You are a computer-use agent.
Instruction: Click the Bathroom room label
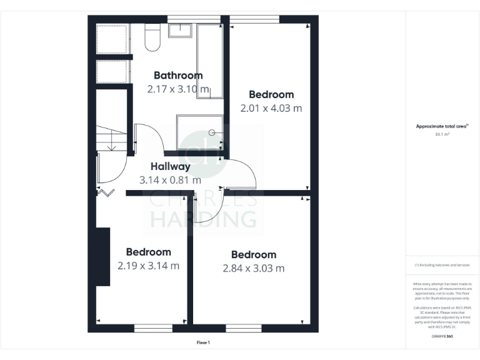(178, 76)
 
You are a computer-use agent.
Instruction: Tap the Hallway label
(171, 167)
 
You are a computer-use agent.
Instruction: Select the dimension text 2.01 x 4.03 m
(271, 108)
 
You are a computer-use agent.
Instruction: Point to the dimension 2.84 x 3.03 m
(254, 268)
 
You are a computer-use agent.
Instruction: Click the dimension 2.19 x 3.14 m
(148, 266)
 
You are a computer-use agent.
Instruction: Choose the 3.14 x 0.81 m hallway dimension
(170, 180)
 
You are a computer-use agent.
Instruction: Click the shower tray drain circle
(212, 132)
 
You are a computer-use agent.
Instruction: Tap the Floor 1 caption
(204, 342)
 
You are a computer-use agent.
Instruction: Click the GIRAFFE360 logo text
(442, 337)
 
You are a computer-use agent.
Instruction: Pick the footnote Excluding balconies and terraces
(442, 265)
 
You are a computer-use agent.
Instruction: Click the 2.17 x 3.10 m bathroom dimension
(178, 89)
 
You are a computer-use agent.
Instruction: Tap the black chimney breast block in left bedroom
(103, 257)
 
